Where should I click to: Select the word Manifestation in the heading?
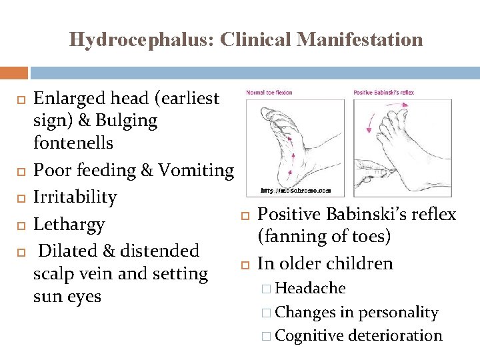pos(360,40)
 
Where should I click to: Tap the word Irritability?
pos(75,197)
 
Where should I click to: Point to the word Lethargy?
pos(69,225)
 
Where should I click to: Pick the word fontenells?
pos(73,143)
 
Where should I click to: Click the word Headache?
pos(310,289)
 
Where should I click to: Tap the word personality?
pos(399,312)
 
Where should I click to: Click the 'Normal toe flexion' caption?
pos(271,93)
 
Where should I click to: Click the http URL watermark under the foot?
pos(295,190)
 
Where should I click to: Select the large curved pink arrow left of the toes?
pos(372,120)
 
